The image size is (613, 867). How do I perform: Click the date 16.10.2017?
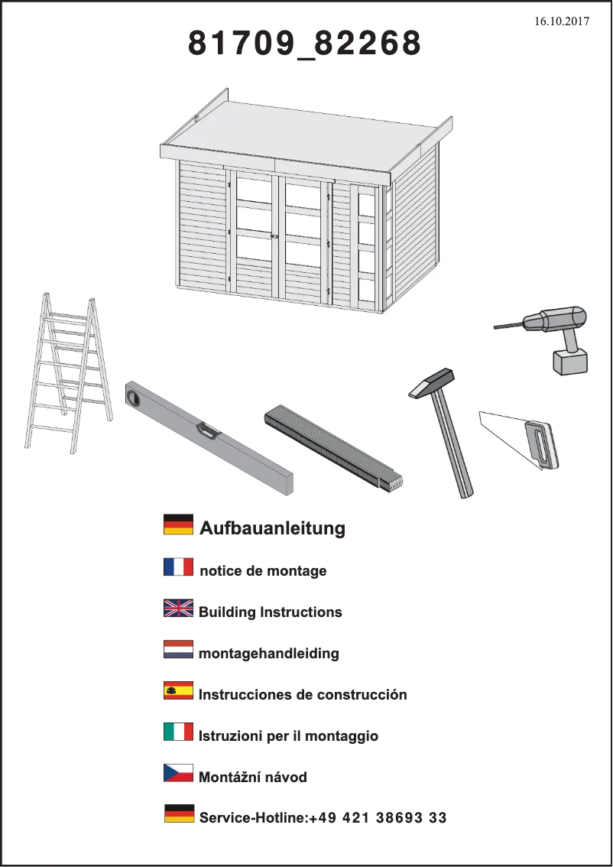point(562,21)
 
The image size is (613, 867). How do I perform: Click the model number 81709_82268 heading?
point(305,45)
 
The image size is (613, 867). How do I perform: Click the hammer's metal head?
point(432,382)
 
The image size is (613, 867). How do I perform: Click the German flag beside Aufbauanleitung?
point(178,524)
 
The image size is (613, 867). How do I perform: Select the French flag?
point(178,567)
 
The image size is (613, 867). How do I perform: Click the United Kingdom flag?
point(178,608)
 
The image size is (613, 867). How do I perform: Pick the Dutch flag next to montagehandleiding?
point(178,649)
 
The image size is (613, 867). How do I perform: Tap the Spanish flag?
point(178,690)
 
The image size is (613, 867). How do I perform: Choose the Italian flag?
point(178,732)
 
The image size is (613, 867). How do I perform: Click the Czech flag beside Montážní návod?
point(178,773)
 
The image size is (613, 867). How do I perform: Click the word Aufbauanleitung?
point(272,528)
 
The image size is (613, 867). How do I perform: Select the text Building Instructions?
point(271,612)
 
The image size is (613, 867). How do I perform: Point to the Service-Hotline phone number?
point(378,818)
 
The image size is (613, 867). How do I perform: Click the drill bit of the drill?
point(508,326)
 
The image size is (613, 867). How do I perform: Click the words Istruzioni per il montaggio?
point(288,736)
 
